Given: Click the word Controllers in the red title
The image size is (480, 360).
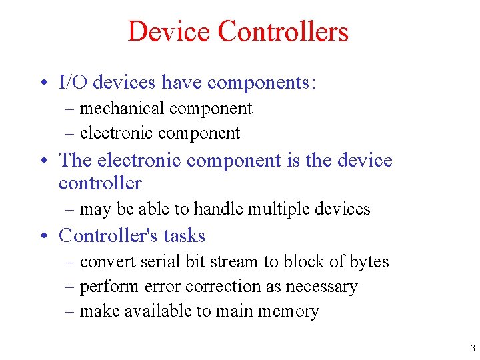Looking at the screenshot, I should coord(283,32).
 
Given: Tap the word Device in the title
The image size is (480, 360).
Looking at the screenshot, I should coord(169,32).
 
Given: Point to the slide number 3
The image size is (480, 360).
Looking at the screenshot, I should coord(472,348).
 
